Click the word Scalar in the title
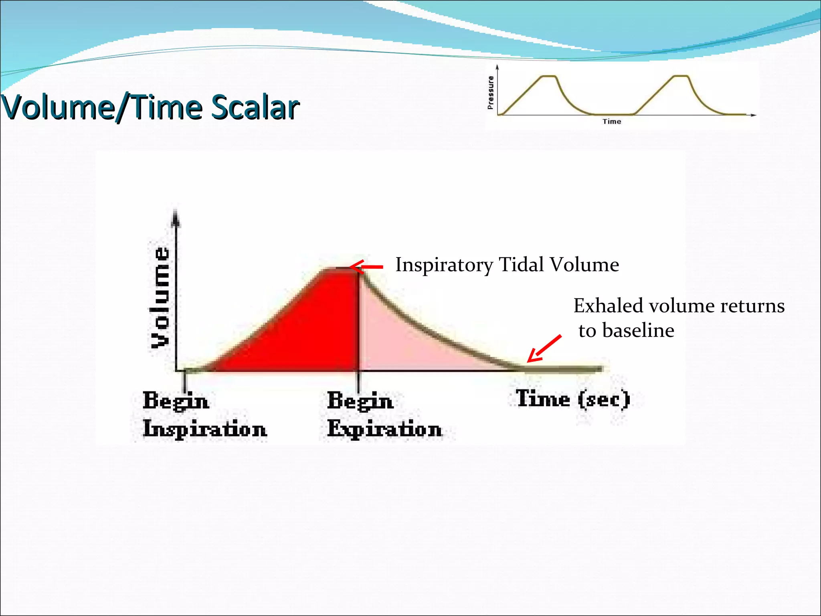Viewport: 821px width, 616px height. click(x=255, y=107)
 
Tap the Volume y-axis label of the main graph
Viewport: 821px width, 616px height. click(x=160, y=297)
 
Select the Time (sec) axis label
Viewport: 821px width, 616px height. click(x=573, y=399)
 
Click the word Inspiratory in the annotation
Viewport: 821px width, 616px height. click(x=444, y=265)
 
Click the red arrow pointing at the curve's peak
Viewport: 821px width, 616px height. click(x=366, y=267)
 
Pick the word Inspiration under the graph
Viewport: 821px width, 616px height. click(x=205, y=429)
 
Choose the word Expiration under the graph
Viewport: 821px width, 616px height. click(x=384, y=429)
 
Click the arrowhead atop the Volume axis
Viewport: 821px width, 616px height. click(x=176, y=219)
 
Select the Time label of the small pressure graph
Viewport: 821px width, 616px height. click(x=612, y=122)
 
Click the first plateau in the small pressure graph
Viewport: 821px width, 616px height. click(x=548, y=76)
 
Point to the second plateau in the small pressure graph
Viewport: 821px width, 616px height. click(x=681, y=76)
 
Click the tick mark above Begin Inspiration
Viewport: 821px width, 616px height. click(x=184, y=381)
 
